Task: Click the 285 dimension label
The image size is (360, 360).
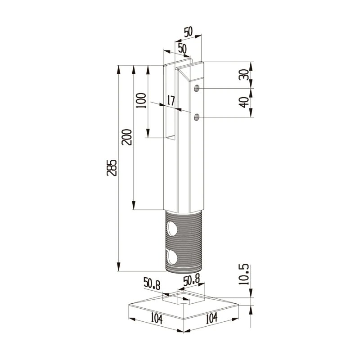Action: coord(113,167)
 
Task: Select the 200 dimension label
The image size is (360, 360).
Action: coord(127,137)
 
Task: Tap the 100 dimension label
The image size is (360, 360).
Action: coord(141,101)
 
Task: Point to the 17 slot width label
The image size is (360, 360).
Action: coord(171,100)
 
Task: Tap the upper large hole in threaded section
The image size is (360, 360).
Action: coord(172,229)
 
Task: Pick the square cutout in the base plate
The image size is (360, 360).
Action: coord(183,297)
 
